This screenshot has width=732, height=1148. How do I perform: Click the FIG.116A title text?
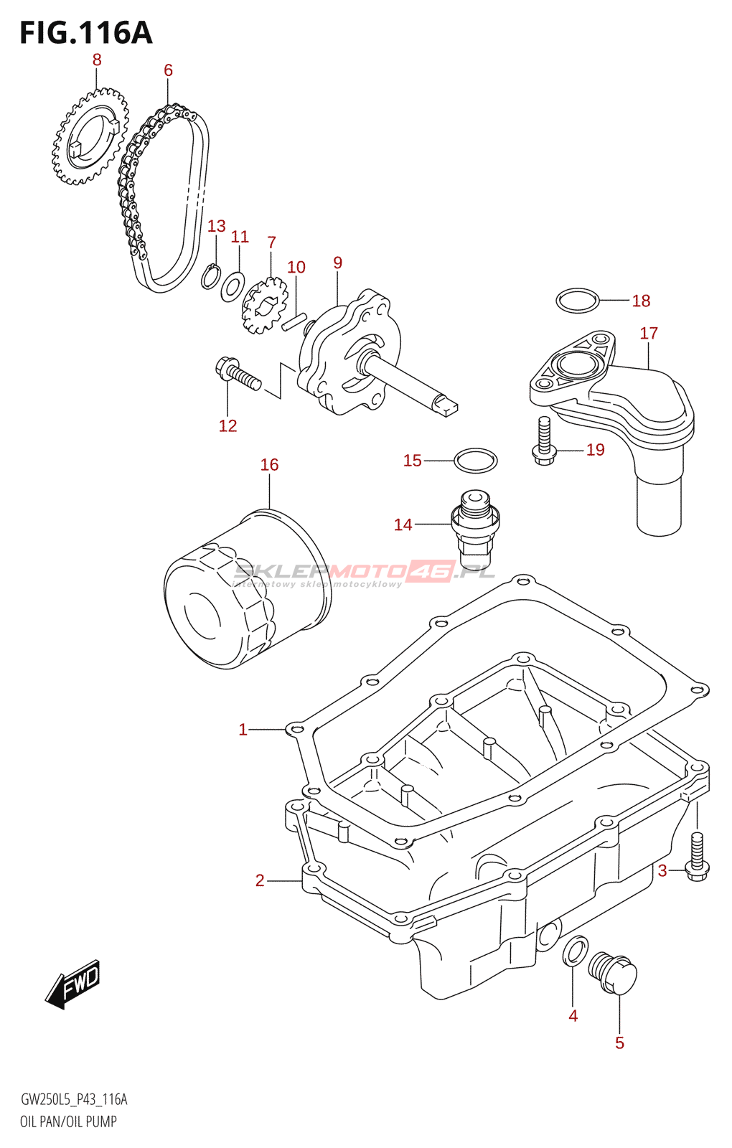tap(85, 33)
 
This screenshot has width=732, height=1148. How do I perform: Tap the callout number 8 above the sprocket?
tap(97, 60)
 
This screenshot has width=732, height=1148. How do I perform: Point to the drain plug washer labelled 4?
tap(575, 951)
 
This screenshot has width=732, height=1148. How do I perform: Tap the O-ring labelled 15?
tap(475, 460)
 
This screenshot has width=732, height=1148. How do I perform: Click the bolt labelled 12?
tap(238, 375)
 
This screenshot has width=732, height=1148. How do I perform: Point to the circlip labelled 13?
tap(210, 277)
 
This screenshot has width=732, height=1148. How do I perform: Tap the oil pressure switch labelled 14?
tap(474, 528)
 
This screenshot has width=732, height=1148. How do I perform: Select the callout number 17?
tap(649, 334)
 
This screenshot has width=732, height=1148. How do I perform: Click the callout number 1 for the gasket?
tap(243, 730)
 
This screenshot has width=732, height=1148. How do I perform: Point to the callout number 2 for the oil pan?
tap(260, 880)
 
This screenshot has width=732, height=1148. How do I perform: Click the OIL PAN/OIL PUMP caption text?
tap(68, 1121)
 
